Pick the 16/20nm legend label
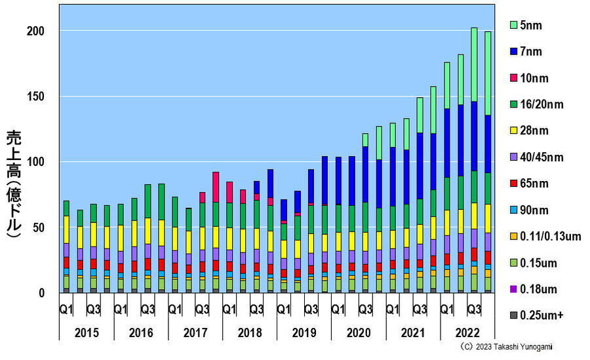click(541, 104)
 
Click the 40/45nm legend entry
click(541, 157)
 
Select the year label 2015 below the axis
click(87, 332)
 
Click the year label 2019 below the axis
click(304, 332)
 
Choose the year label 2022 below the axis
click(467, 332)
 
